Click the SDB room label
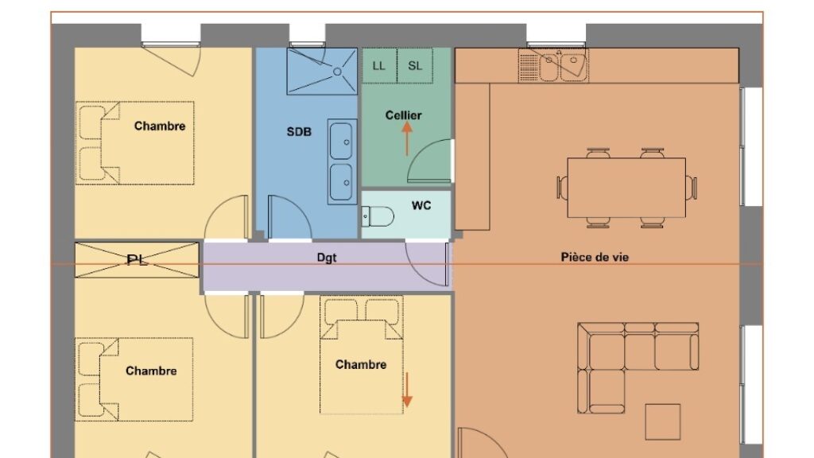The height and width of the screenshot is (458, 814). (x=299, y=132)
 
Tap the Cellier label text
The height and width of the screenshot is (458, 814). (x=403, y=115)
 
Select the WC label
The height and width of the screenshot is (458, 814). (x=421, y=206)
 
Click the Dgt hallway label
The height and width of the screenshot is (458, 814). (x=327, y=258)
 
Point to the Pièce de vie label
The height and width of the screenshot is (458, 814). (x=595, y=257)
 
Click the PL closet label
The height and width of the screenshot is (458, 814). (x=137, y=260)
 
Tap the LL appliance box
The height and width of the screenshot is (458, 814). (x=379, y=66)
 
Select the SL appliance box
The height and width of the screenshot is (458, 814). (x=415, y=66)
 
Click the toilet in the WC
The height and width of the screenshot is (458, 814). (x=378, y=216)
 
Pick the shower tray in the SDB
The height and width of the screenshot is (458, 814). (x=322, y=72)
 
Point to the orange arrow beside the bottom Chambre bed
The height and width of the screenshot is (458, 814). (x=408, y=390)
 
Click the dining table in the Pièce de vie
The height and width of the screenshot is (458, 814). (x=626, y=188)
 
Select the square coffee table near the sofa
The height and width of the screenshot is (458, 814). (x=663, y=421)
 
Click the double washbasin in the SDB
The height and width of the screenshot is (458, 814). (x=342, y=161)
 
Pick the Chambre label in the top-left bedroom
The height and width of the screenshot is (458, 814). (x=159, y=126)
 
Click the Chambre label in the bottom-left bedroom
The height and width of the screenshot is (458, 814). (x=151, y=371)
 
